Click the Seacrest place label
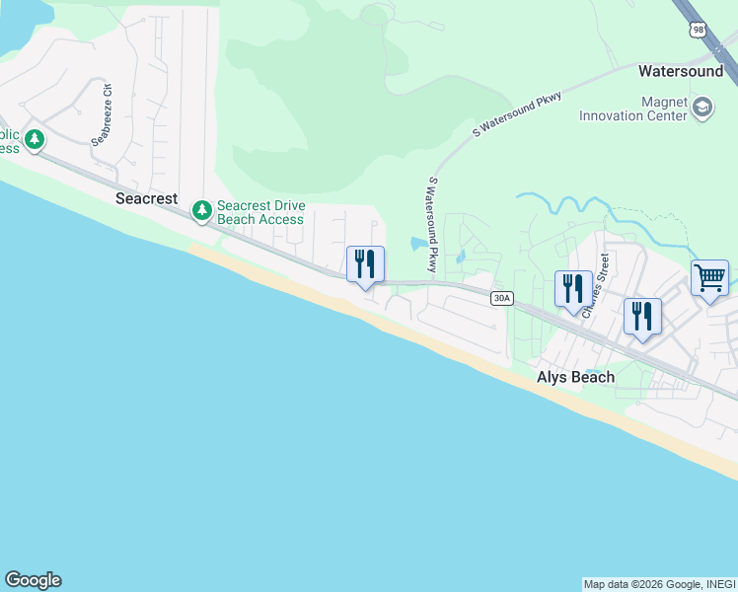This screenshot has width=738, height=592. coord(147,198)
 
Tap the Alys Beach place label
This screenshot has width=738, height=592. coord(575,377)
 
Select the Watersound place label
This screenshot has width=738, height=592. coord(681,71)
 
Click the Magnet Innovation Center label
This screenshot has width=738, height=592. coord(632,109)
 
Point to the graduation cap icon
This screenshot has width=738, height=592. coord(702,107)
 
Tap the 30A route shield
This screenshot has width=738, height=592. coord(502,297)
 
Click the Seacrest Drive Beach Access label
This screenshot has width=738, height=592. coord(260,212)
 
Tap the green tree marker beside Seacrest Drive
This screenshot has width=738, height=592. coord(202,210)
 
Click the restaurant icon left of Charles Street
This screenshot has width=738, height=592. coord(573,288)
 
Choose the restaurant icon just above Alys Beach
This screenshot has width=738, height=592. coord(641,316)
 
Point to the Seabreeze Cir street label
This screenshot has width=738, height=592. coord(103,115)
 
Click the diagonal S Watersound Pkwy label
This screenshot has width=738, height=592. coord(517,114)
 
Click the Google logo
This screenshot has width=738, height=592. coord(33,580)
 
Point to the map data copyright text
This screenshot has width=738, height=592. coord(659,584)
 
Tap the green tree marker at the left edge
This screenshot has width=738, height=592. coord(36,140)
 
